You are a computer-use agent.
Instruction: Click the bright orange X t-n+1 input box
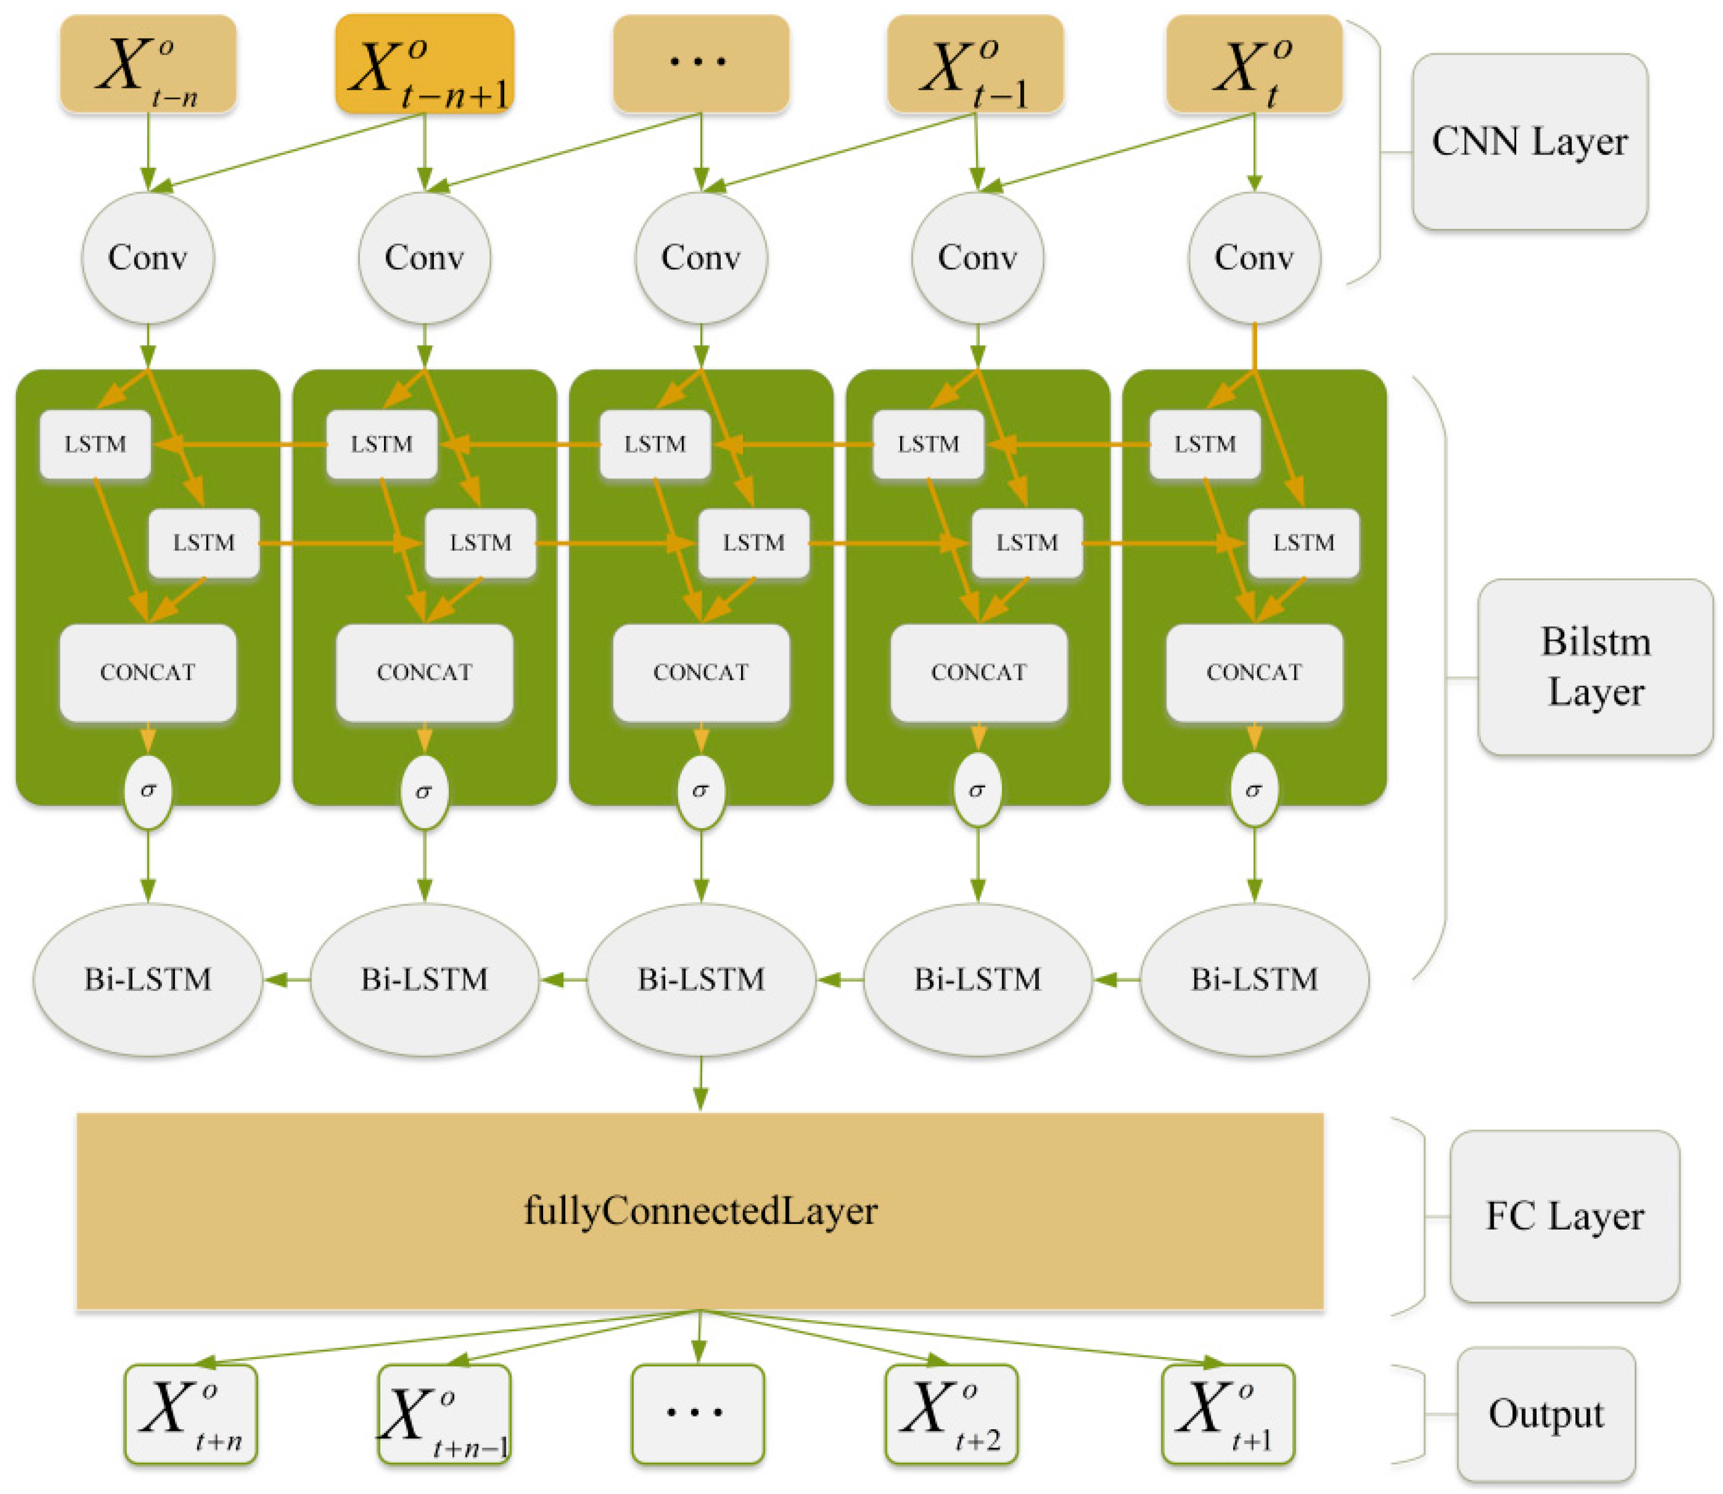click(424, 63)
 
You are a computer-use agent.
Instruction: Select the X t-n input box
click(148, 63)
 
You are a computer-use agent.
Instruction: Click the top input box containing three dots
click(700, 63)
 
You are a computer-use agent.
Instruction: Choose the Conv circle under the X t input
click(1253, 258)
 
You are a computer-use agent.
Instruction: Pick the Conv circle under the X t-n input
click(148, 258)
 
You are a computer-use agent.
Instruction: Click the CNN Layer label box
click(1529, 142)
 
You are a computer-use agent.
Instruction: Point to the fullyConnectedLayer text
click(700, 1210)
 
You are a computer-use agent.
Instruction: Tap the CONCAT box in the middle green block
click(700, 672)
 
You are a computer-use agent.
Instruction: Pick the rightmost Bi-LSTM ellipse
click(1253, 979)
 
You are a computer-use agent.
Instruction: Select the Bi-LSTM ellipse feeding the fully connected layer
click(700, 979)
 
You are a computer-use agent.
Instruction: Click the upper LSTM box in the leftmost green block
click(95, 443)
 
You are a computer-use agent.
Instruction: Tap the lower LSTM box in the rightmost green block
click(1302, 543)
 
